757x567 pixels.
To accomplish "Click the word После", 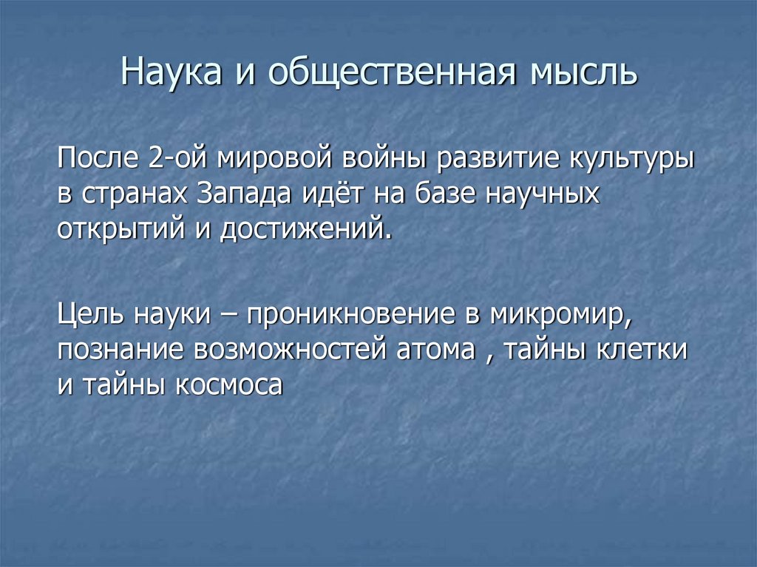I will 96,160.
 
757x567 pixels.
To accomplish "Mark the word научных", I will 542,194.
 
